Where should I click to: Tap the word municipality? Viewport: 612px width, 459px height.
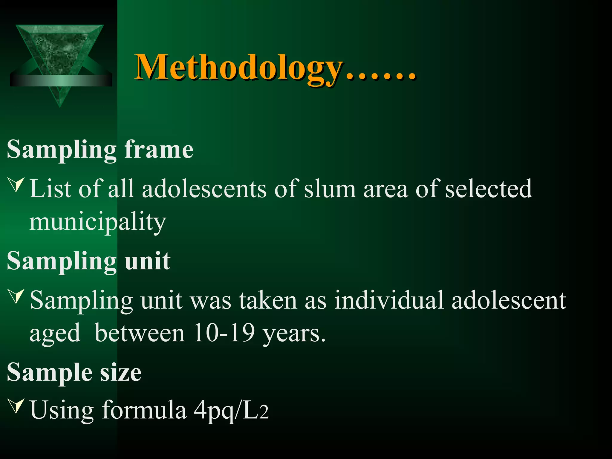[97, 222]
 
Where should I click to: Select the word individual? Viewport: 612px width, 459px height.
[388, 300]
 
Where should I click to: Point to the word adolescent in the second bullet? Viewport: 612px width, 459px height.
[509, 300]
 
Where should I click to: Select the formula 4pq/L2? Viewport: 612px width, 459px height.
[231, 411]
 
